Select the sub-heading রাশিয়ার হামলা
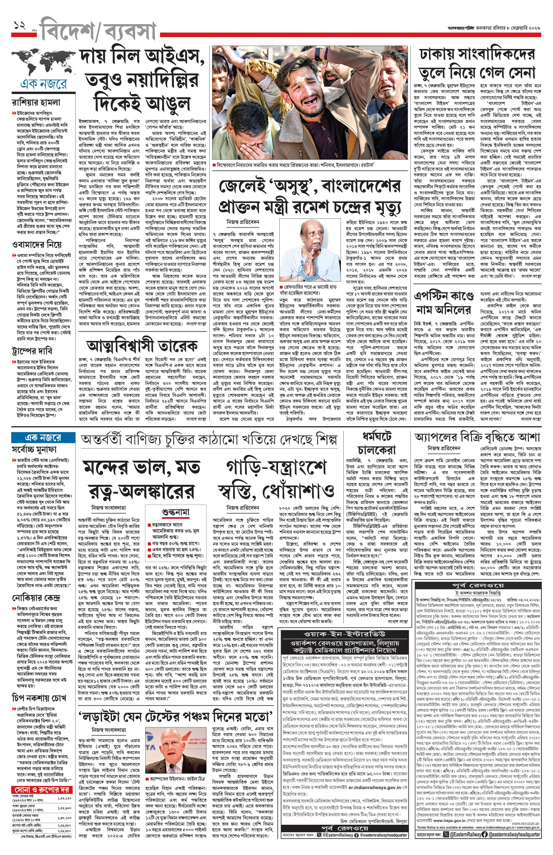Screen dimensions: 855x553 36,102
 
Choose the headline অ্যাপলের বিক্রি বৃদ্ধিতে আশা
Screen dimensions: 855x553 477,437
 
